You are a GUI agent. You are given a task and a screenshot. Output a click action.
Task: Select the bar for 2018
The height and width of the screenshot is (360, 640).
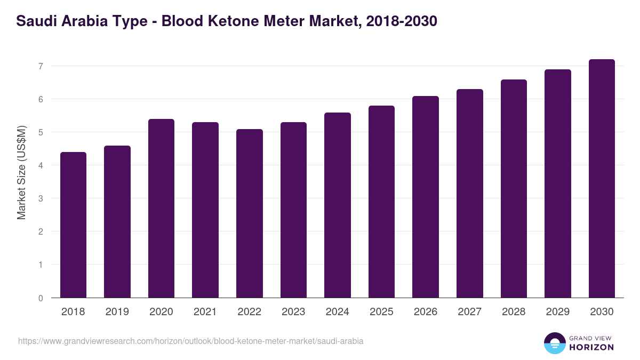(x=73, y=225)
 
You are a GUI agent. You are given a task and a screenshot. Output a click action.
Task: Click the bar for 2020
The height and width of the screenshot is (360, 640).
(x=161, y=208)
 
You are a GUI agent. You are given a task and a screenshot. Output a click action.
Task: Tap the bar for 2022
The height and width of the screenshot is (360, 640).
(x=250, y=213)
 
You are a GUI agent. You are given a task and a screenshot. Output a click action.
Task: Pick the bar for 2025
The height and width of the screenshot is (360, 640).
(x=381, y=202)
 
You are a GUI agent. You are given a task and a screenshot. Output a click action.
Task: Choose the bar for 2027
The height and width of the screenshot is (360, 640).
(x=470, y=193)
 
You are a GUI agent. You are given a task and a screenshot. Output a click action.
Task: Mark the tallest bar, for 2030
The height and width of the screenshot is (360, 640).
(x=602, y=178)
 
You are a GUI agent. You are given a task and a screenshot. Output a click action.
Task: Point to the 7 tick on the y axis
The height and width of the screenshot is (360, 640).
(x=40, y=66)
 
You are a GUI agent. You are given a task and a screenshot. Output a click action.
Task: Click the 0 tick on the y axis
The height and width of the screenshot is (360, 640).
(x=40, y=298)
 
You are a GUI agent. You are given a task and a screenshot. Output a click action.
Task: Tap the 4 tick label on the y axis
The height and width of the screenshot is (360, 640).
(x=40, y=165)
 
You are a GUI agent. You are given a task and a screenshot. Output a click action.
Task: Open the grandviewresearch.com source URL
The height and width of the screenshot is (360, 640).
(x=191, y=341)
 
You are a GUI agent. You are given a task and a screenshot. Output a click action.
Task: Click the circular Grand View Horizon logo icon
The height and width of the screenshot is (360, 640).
(x=555, y=343)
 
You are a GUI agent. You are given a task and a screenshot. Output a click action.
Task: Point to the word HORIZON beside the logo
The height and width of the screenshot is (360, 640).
(x=591, y=347)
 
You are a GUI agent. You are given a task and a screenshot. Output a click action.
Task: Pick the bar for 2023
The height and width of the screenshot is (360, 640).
(x=293, y=210)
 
